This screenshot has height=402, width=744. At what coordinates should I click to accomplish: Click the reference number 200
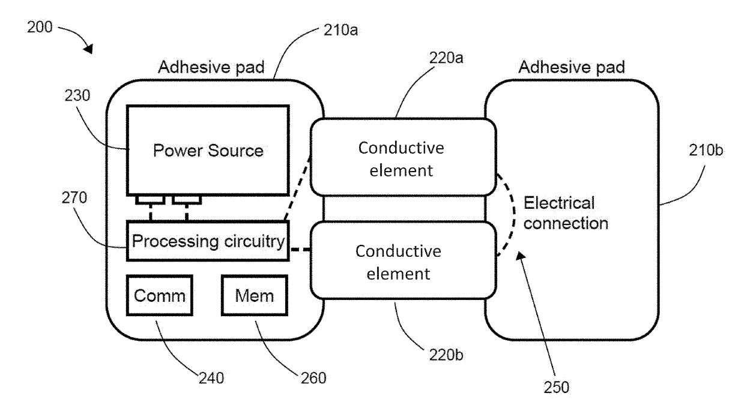pos(40,27)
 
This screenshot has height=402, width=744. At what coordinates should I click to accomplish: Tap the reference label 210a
pos(341,30)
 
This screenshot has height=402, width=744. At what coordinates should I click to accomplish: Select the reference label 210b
pos(706,151)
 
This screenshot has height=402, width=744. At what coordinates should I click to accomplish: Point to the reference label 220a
pos(446,58)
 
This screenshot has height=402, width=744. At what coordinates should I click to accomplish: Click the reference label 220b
pos(446,355)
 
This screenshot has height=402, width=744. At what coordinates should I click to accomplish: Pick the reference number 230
pos(77,95)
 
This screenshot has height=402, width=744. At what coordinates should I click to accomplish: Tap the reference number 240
pos(211,378)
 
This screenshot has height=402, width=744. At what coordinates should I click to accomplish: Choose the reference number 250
pos(556,387)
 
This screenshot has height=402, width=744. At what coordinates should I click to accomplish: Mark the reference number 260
pos(313,378)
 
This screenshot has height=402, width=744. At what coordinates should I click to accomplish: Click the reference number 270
pos(74,198)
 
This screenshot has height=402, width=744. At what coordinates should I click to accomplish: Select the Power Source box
pos(208,151)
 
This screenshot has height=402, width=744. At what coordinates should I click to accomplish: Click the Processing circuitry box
pos(208,241)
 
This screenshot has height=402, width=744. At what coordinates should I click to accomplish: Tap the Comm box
pos(160,295)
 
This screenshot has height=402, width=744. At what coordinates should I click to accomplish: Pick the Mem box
pos(255,295)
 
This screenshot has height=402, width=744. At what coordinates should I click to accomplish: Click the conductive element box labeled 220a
pos(403,157)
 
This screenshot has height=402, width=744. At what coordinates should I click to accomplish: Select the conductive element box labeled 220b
pos(403,260)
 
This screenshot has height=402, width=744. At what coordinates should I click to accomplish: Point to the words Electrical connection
pos(566,213)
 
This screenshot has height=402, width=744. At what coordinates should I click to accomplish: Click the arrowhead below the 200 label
pos(89,49)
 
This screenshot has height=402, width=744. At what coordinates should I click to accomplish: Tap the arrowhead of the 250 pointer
pos(520,256)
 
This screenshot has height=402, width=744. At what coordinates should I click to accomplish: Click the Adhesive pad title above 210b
pos(572,67)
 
